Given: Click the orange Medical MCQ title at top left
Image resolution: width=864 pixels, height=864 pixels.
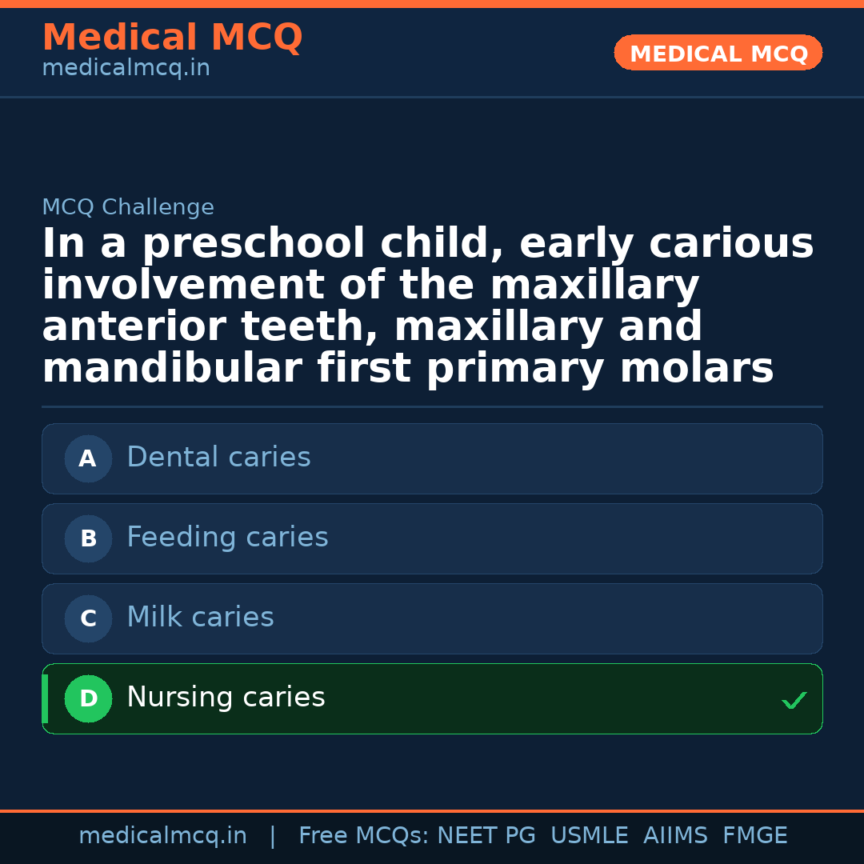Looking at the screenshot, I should coord(172,38).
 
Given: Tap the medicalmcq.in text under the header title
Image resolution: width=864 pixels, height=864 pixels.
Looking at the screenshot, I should coord(126,69).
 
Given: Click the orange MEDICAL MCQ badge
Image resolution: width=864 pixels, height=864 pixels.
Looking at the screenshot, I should coord(718,54).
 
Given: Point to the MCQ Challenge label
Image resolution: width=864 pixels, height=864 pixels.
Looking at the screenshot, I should coord(128,208).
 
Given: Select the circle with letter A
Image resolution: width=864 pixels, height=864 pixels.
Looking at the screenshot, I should coord(88,459).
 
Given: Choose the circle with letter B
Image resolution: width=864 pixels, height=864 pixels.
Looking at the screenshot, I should coord(88,539).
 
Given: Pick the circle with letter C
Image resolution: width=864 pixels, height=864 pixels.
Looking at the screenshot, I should coord(88,619).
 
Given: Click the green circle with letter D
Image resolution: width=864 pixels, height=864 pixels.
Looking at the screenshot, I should coord(88,699).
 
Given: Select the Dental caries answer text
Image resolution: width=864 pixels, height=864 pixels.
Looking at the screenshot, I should coord(218,458).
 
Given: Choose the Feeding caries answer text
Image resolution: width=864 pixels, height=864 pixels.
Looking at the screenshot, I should coord(227,538).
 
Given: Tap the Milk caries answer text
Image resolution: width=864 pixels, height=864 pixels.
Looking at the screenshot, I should coord(200,618).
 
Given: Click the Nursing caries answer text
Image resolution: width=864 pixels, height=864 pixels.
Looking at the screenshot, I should coord(226,698).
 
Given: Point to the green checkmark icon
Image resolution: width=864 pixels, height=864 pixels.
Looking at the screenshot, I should coord(794,701).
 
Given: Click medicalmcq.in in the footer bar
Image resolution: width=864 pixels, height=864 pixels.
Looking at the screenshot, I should coord(162,836).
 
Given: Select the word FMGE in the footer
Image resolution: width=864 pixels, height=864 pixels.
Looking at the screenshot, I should coord(754,836).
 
